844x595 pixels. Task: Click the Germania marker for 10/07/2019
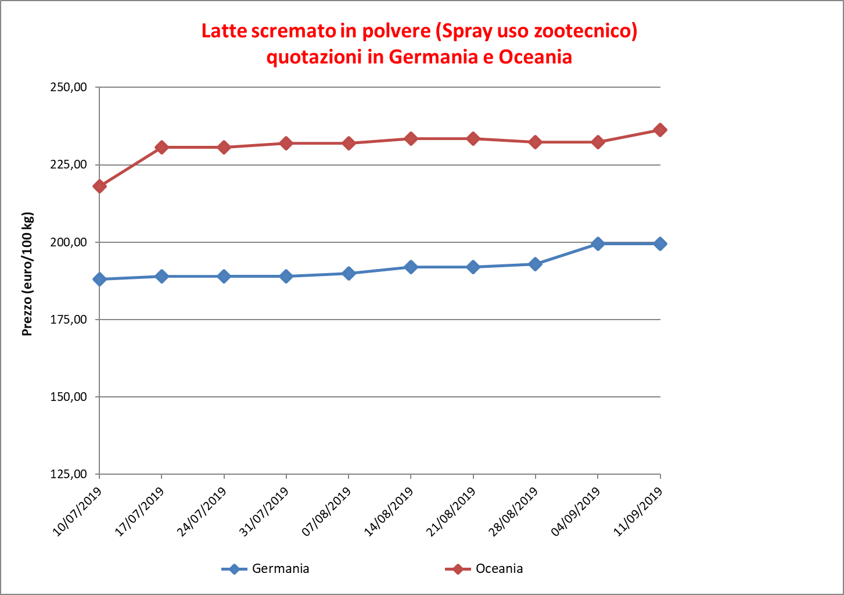tap(99, 279)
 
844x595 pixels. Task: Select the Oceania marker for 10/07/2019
tap(99, 187)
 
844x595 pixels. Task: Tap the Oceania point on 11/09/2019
tap(660, 130)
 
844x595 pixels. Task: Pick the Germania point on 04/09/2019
tap(598, 243)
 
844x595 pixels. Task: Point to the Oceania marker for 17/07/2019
tap(161, 148)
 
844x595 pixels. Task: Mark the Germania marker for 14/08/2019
tap(411, 267)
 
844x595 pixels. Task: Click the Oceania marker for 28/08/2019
tap(536, 142)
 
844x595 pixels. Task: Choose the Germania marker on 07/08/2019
tap(349, 274)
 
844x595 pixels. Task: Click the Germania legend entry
tap(266, 569)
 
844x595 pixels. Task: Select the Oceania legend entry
tap(484, 569)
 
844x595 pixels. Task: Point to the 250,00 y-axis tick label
tap(69, 88)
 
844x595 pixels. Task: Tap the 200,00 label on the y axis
tap(69, 242)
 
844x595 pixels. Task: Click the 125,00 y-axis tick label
tap(69, 474)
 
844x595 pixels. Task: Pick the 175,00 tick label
tap(69, 320)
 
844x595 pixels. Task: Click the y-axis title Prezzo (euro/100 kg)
tap(27, 274)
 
